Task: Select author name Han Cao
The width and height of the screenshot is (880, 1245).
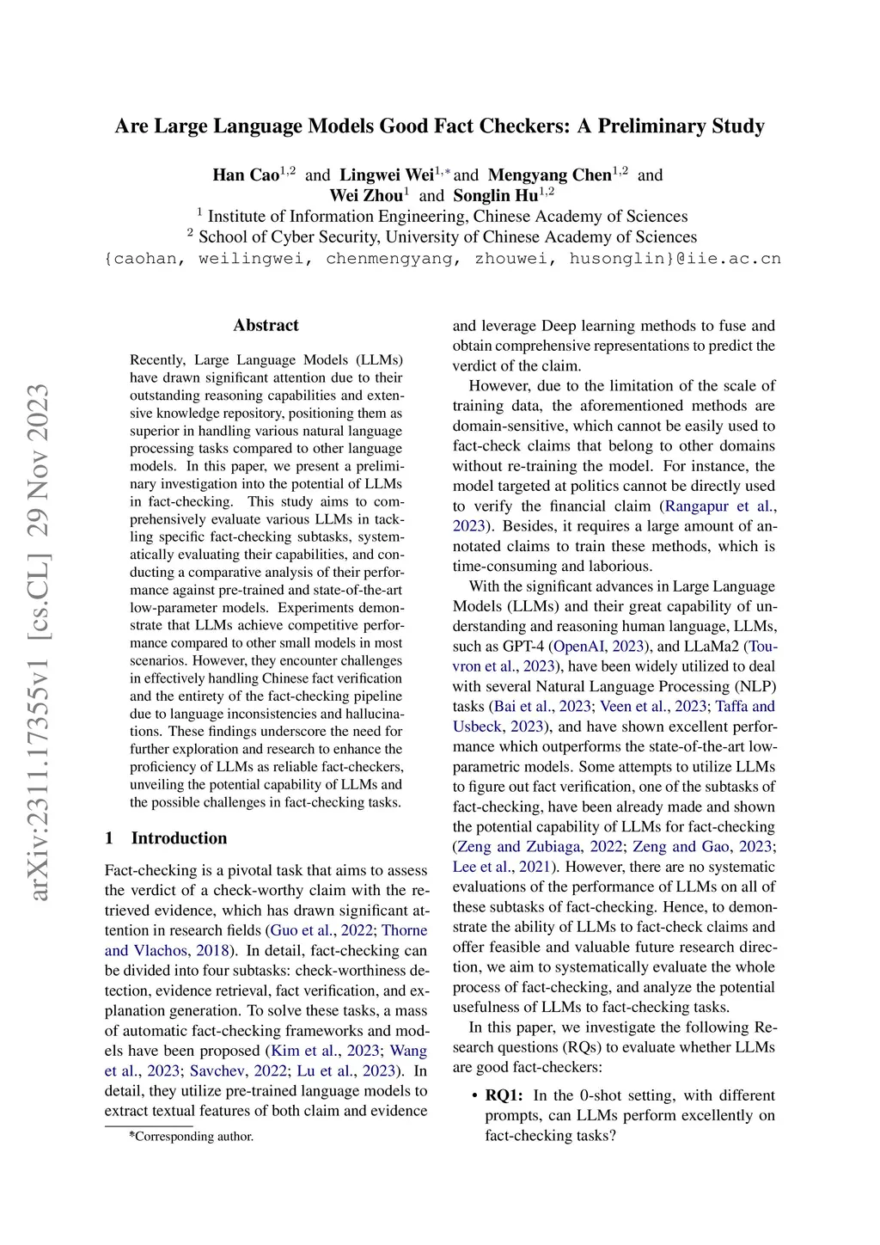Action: pos(246,175)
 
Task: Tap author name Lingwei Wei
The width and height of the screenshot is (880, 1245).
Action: pos(387,175)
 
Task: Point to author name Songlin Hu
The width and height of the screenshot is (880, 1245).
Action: pos(496,196)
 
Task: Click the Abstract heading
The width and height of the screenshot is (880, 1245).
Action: pos(266,325)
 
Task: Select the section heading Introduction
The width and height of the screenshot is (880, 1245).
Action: pos(179,838)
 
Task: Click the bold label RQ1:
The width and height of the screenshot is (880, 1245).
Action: pos(504,1095)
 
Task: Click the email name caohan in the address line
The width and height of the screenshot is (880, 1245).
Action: pos(144,258)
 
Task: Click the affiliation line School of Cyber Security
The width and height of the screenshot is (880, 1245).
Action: pos(447,237)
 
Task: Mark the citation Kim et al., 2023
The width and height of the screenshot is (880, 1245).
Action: pos(325,1051)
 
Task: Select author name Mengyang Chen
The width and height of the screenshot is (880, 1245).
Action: pos(549,175)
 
